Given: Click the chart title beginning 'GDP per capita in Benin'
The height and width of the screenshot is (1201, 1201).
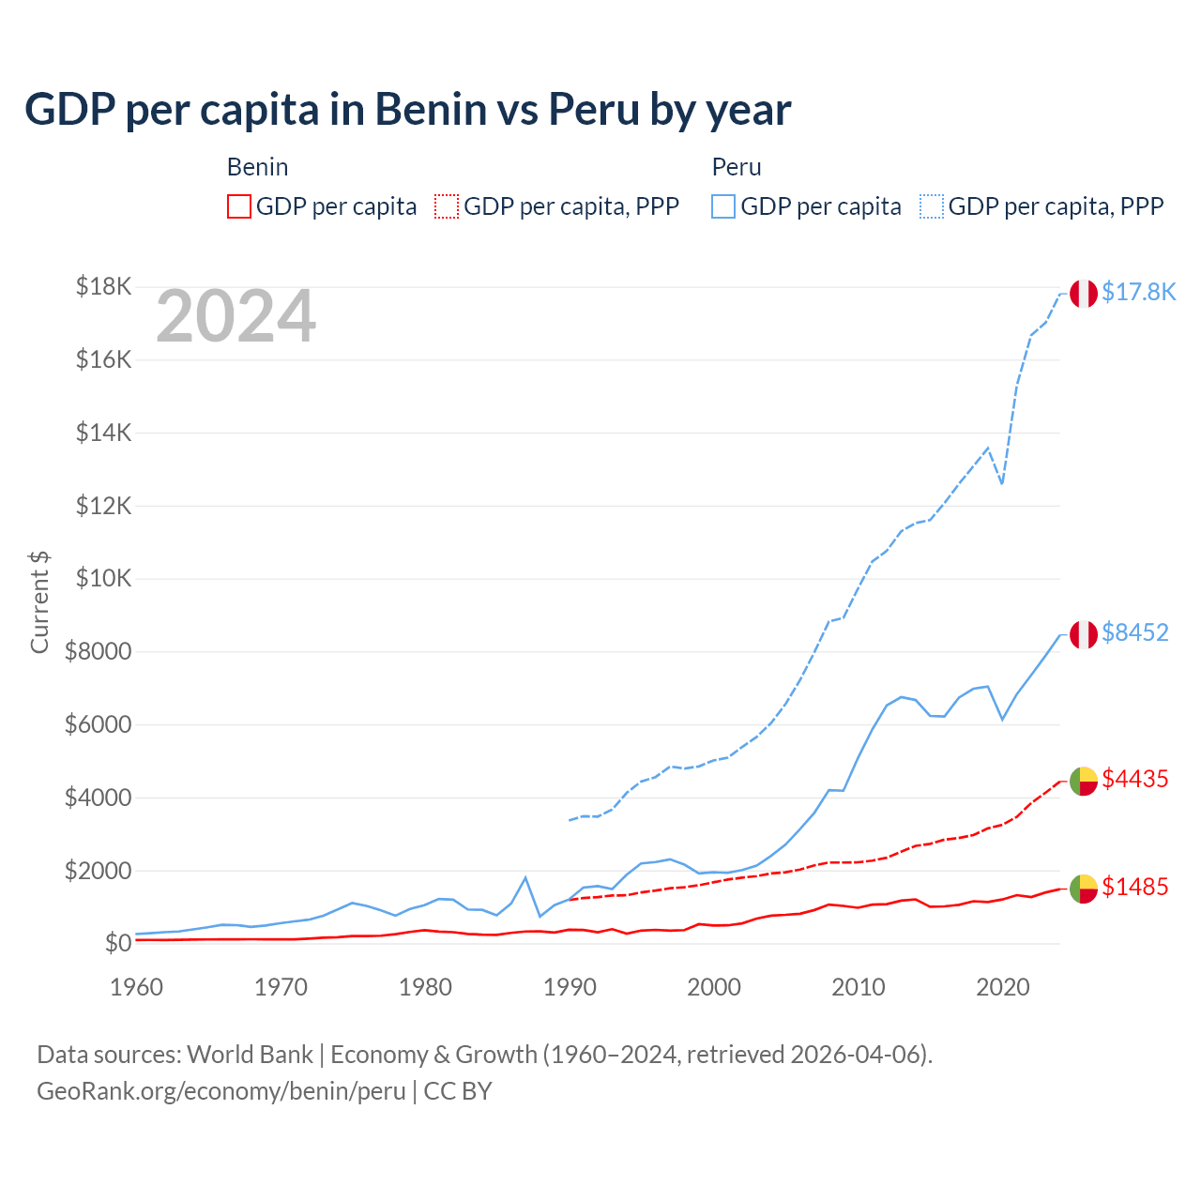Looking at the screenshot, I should [408, 110].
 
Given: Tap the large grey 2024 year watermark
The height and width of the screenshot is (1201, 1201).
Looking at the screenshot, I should [236, 316].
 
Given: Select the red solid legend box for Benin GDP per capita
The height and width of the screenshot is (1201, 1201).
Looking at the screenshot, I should [239, 206].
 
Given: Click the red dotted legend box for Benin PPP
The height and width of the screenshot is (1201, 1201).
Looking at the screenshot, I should [447, 206].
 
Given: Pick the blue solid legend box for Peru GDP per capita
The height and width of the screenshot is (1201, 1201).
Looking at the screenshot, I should [723, 206].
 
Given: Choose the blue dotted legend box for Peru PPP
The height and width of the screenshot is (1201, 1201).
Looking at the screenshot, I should [932, 206].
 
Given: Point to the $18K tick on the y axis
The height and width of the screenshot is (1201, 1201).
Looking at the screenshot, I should [103, 286].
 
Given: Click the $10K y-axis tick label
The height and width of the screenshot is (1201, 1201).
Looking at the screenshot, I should [103, 578].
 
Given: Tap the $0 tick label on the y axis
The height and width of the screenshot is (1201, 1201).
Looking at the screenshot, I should [117, 943].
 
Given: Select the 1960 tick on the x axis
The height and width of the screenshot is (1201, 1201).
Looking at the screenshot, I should [137, 987].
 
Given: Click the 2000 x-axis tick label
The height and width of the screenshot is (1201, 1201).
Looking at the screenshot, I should [714, 987].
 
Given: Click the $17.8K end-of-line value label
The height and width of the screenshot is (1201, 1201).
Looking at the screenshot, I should [1138, 293].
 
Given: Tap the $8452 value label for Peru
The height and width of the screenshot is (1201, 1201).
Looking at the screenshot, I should [1135, 633].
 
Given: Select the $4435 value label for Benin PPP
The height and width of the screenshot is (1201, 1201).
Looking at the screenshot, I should [1135, 780].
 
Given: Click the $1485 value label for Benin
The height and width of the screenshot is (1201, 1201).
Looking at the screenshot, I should [1135, 888].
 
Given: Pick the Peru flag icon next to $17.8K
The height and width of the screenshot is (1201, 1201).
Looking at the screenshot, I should [1084, 294].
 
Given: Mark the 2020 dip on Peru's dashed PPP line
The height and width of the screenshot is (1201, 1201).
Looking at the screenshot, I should [1002, 483].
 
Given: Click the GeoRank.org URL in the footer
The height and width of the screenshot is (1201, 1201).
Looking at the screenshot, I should [221, 1091].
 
